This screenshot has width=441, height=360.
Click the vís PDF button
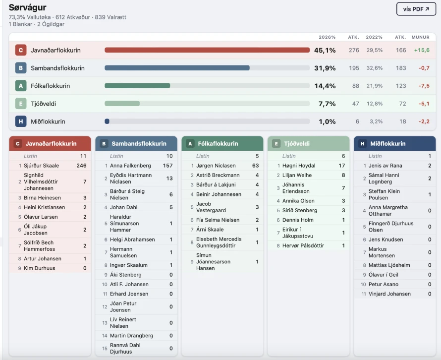(x=416, y=9)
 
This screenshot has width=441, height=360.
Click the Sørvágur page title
(x=28, y=7)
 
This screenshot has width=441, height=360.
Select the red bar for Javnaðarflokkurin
(x=207, y=50)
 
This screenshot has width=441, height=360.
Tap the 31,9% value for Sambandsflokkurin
(x=325, y=68)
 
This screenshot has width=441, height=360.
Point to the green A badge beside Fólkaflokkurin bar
(x=20, y=86)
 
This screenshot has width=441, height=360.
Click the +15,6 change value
(x=422, y=50)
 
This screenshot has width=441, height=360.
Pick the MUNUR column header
(x=421, y=37)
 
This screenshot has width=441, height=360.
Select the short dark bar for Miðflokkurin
(x=107, y=121)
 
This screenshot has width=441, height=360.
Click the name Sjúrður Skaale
(x=41, y=166)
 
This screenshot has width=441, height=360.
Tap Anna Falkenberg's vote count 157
(x=167, y=166)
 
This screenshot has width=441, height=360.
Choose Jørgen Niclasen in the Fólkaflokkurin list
(x=216, y=166)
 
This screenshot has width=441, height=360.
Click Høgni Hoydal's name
(x=299, y=166)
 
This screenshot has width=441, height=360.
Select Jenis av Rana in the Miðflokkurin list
(x=385, y=166)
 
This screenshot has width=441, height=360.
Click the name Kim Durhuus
(x=40, y=268)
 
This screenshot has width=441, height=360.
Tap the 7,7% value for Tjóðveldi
(x=327, y=104)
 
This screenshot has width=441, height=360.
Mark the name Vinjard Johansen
(x=389, y=294)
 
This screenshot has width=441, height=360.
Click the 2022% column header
(x=374, y=37)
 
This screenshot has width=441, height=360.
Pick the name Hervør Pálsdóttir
(x=303, y=245)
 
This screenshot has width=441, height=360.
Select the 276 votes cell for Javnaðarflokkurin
(x=353, y=50)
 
